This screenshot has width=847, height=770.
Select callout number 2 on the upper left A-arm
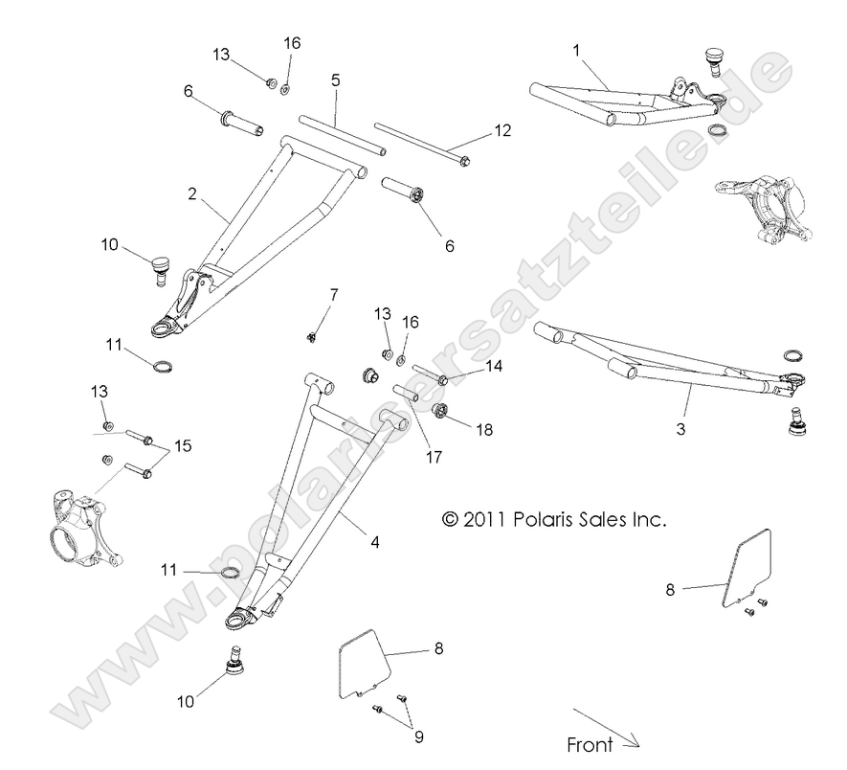click(192, 194)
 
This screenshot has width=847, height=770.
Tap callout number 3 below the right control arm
click(680, 430)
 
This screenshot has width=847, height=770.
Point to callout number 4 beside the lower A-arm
click(374, 543)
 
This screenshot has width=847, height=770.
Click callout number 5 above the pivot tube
click(336, 81)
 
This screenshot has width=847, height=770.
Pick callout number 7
click(334, 295)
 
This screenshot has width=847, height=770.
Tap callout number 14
click(494, 366)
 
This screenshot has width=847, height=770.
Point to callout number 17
click(434, 457)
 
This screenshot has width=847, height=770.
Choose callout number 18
click(484, 430)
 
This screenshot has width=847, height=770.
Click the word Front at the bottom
click(591, 744)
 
